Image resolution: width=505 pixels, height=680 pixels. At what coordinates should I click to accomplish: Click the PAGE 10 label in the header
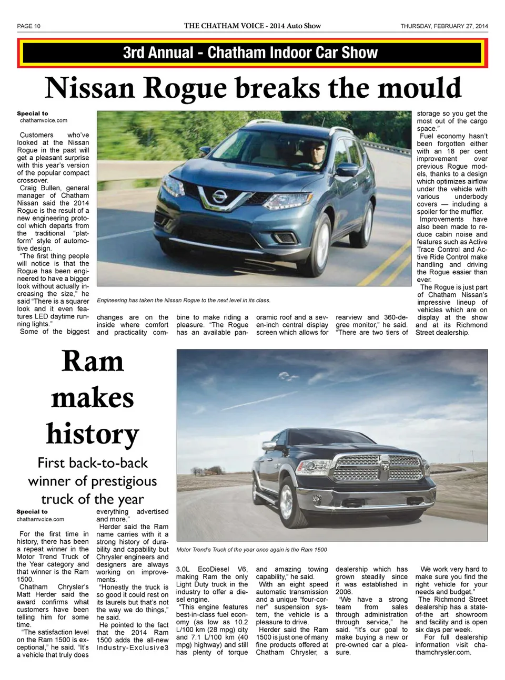pos(28,26)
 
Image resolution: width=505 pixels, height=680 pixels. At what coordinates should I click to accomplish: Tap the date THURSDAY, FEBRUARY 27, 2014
pos(443,26)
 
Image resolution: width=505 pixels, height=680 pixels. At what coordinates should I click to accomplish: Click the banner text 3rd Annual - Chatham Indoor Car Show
pos(250,53)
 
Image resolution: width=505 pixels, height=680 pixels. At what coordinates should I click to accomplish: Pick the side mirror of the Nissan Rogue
pos(347,170)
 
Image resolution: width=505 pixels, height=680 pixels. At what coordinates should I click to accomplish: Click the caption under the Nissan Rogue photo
pos(183,301)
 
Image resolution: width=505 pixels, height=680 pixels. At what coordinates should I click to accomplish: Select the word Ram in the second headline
pos(93,362)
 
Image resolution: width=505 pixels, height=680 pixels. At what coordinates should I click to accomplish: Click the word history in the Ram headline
pos(93,434)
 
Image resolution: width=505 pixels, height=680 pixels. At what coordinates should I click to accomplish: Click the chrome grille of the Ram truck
pos(378,468)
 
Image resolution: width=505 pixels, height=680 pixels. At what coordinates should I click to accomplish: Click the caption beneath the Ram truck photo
pos(251,550)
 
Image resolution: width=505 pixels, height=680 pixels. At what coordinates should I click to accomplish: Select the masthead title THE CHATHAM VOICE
pos(224,26)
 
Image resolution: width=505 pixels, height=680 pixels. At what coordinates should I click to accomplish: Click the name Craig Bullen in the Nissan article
pos(40,188)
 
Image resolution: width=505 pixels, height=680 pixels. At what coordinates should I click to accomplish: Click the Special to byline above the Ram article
pos(32,511)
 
